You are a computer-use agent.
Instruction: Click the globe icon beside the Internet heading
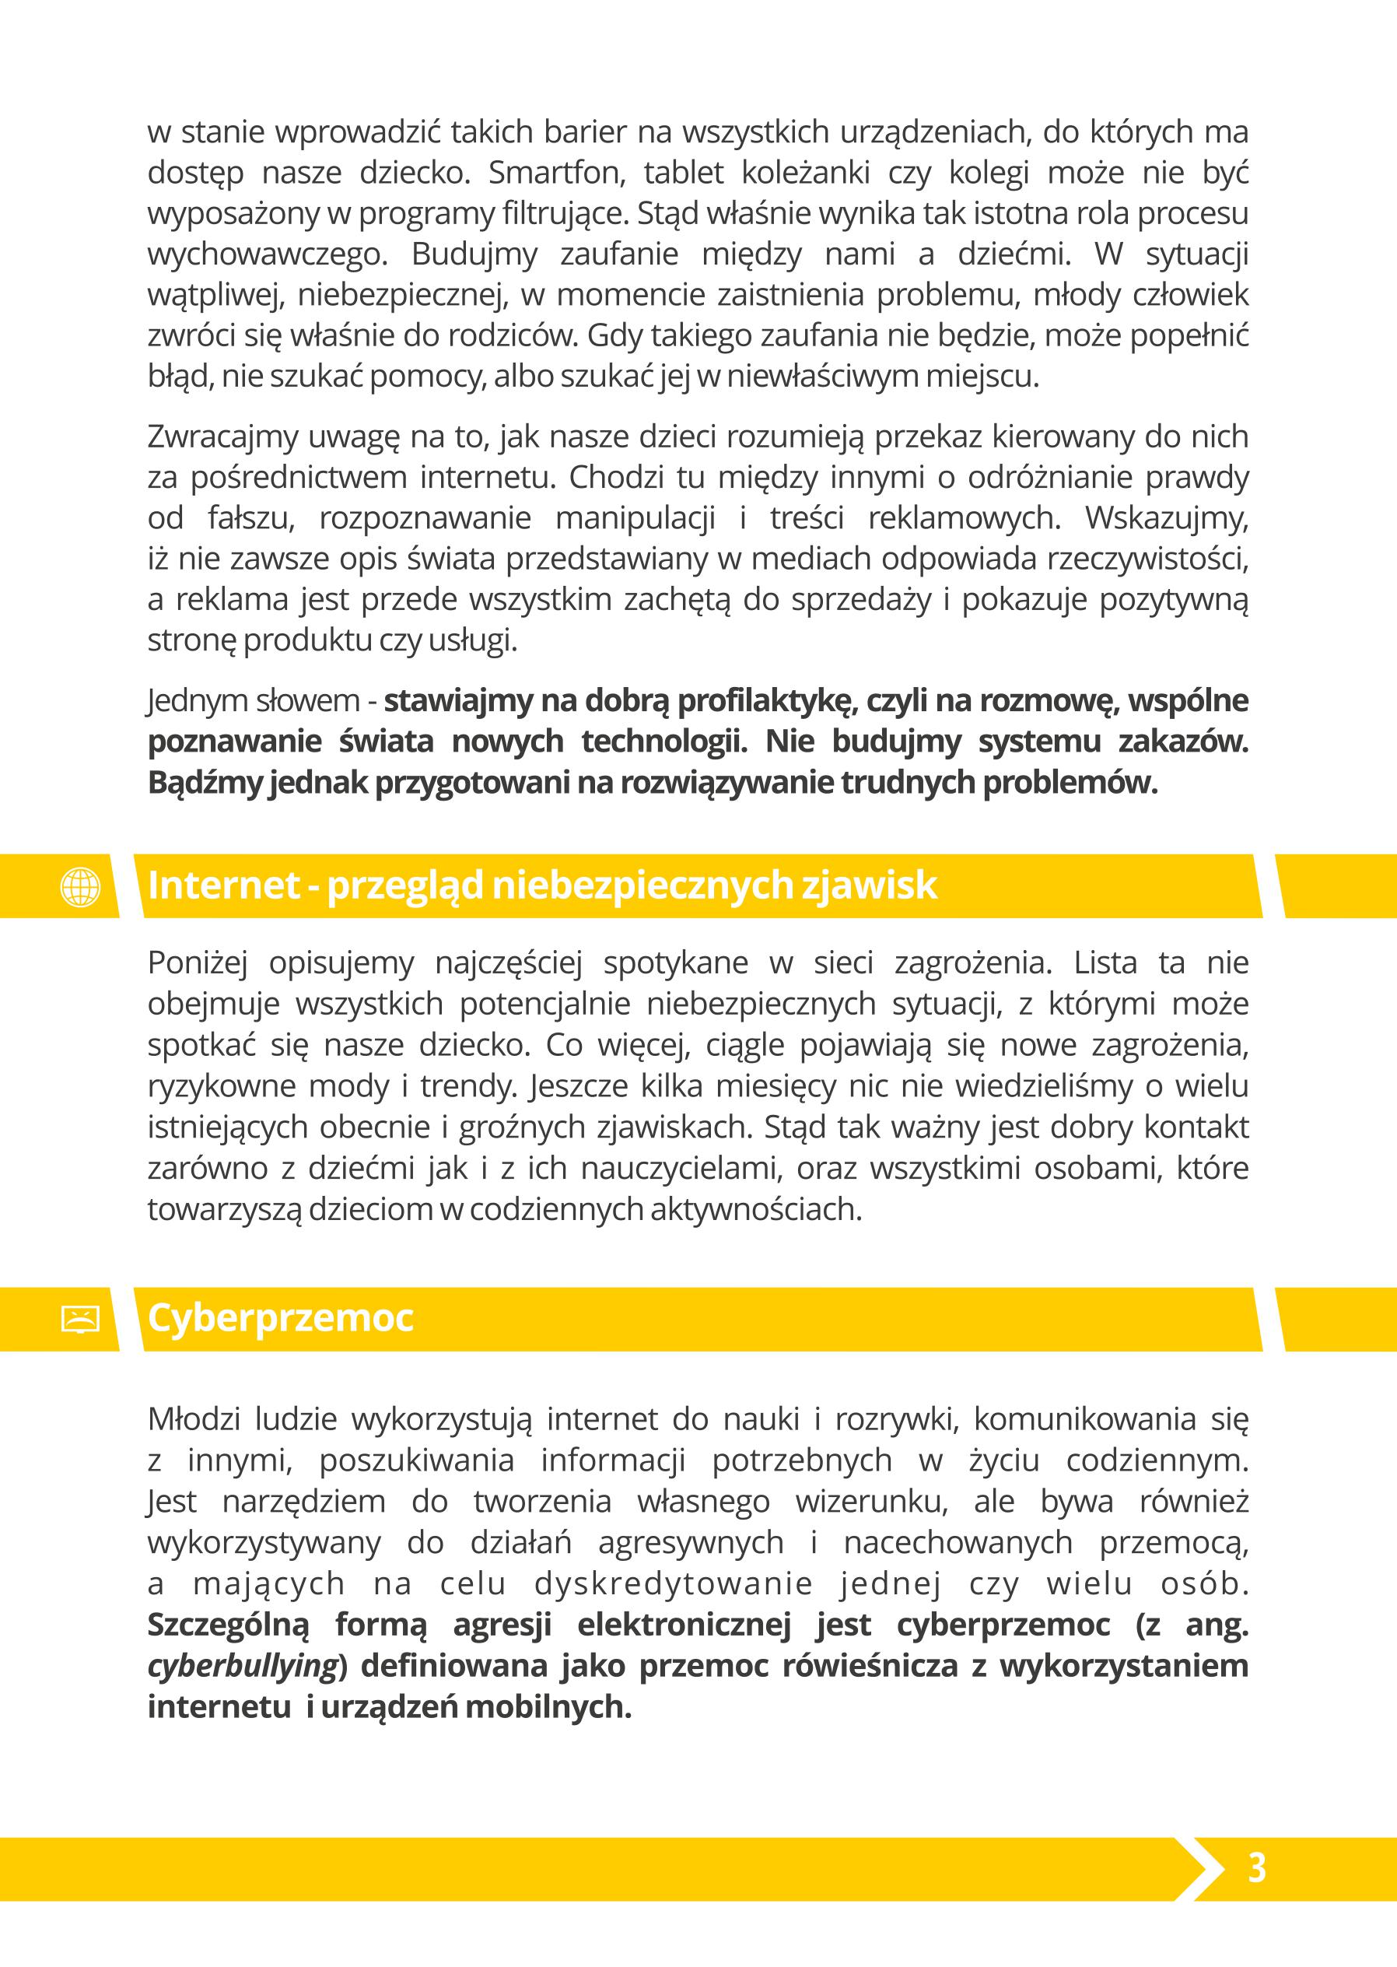pos(81,886)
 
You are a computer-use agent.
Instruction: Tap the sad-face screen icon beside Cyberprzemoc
pos(81,1319)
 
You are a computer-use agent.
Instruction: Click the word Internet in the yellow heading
pos(222,885)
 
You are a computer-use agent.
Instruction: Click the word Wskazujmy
pos(1166,519)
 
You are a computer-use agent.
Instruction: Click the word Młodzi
pos(194,1419)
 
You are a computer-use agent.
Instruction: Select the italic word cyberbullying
pos(242,1667)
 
